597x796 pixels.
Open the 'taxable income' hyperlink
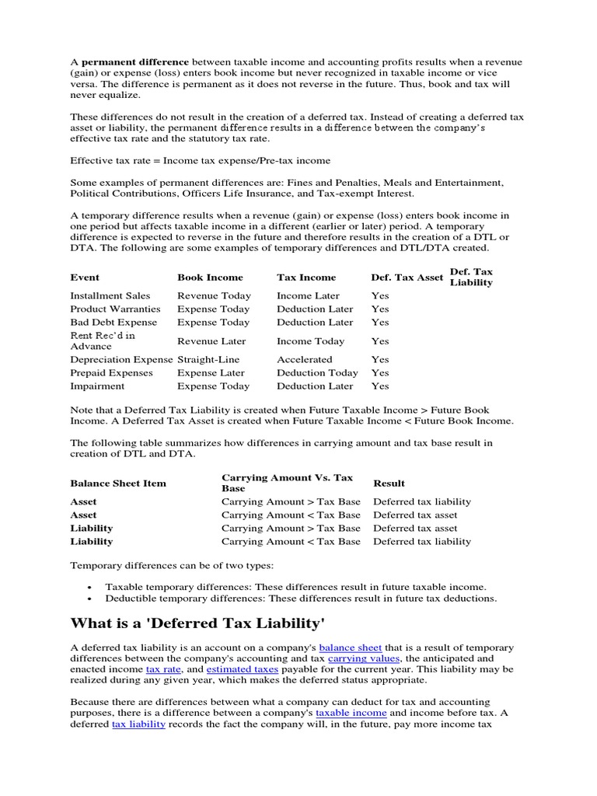tap(352, 712)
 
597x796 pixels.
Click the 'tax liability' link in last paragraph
tap(138, 723)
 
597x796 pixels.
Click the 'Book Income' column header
tap(210, 278)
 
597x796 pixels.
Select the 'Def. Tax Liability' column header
tap(471, 278)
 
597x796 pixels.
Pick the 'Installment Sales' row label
tap(110, 295)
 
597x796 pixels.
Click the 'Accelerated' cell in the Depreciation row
tap(304, 359)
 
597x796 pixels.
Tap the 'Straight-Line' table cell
tap(208, 359)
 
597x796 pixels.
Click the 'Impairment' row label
tap(96, 386)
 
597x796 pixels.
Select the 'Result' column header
tap(389, 483)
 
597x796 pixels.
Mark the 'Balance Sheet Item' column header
tap(118, 483)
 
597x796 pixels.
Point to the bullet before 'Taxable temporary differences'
tap(91, 587)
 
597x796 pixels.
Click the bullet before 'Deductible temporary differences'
tap(91, 599)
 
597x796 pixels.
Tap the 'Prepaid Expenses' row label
tap(112, 372)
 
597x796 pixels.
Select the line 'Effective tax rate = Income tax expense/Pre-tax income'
tap(200, 161)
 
